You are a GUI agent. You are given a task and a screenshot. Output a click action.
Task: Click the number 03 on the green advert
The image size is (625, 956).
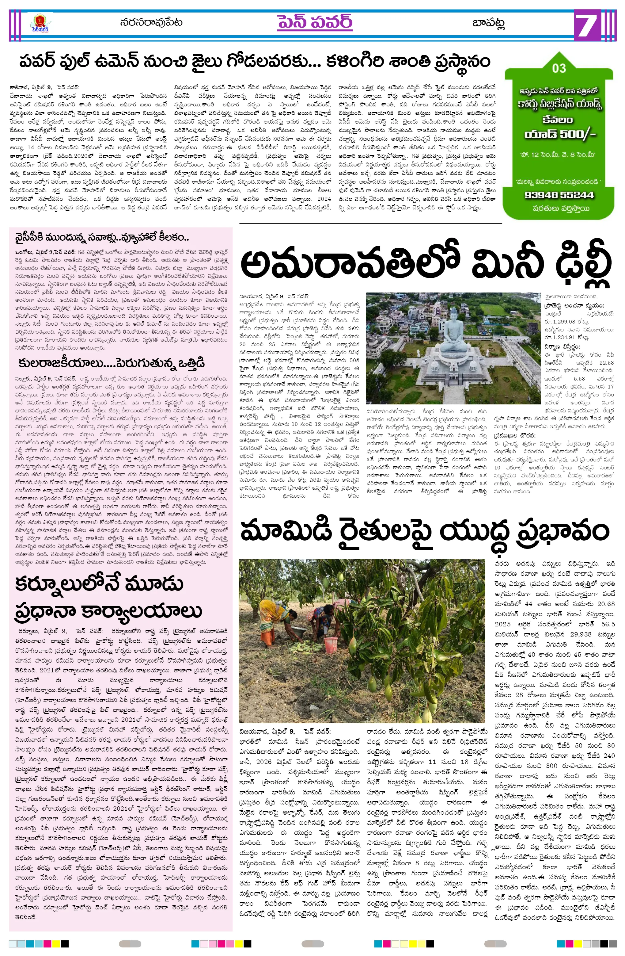[559, 68]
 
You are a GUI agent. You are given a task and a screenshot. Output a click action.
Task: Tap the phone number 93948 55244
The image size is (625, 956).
[559, 195]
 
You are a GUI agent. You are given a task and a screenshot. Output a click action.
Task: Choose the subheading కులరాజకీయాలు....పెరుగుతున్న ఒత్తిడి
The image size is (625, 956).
[111, 363]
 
